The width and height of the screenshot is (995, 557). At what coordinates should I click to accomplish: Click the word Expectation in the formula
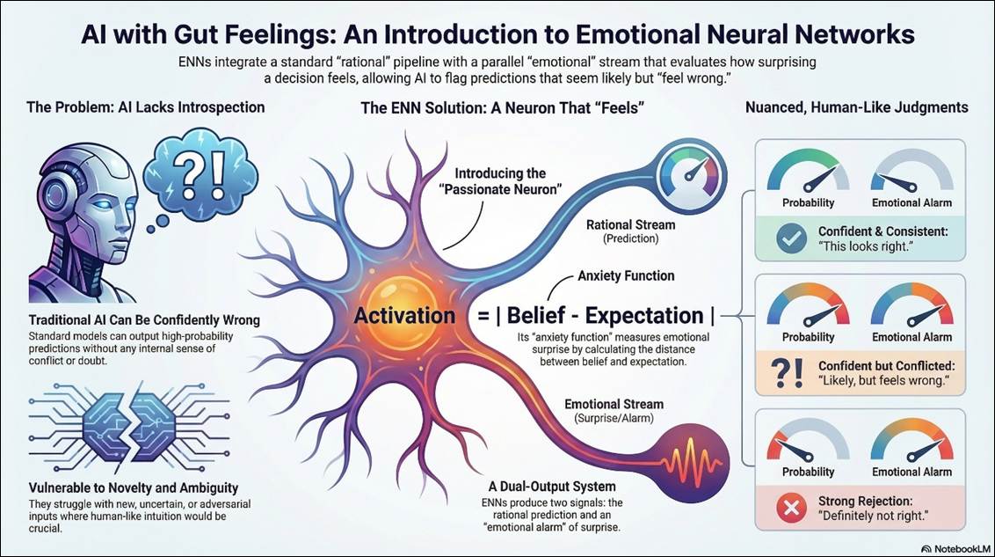coord(644,316)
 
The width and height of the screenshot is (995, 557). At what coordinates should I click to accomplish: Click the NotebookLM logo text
coord(952,548)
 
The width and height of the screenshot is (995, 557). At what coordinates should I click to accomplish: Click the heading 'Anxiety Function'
coord(626,275)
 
